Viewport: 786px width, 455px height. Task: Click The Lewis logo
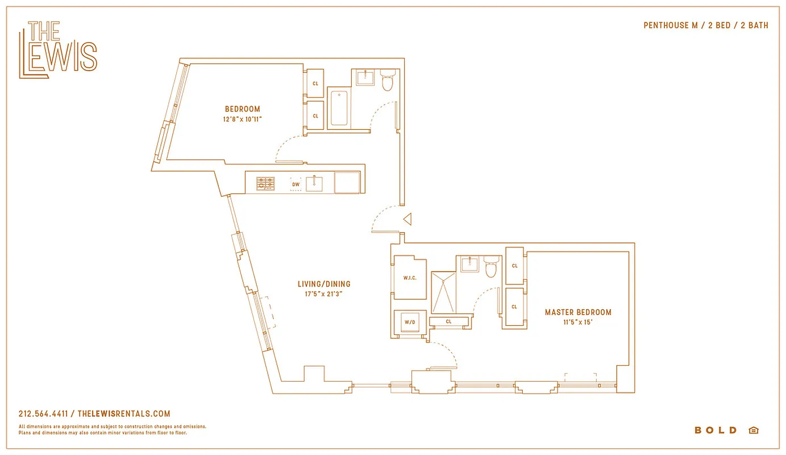point(58,49)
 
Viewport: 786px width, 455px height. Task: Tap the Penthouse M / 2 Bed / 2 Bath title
point(705,26)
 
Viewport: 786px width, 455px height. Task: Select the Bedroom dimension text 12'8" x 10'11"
point(242,119)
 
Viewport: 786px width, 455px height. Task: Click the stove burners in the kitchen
point(265,184)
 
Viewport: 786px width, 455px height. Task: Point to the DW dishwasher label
point(296,184)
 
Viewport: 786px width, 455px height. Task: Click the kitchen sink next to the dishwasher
point(314,184)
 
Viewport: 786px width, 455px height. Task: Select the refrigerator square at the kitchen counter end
point(347,183)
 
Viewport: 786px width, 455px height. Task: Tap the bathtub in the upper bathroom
point(339,108)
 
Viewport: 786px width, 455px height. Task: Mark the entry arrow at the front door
point(406,218)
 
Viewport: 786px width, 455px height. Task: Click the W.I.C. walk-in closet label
point(410,278)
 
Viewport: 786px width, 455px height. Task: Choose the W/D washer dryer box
point(410,322)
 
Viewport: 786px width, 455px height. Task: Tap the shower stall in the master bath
point(443,292)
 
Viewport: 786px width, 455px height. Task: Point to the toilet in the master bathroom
point(491,267)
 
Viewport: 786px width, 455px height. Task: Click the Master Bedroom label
point(578,312)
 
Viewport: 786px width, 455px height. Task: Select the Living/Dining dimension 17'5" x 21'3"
point(324,294)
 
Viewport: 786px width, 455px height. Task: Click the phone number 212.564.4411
point(43,414)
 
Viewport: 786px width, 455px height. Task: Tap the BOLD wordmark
point(716,431)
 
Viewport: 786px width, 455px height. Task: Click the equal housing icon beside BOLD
point(753,431)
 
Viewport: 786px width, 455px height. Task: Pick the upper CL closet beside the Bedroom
point(315,84)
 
